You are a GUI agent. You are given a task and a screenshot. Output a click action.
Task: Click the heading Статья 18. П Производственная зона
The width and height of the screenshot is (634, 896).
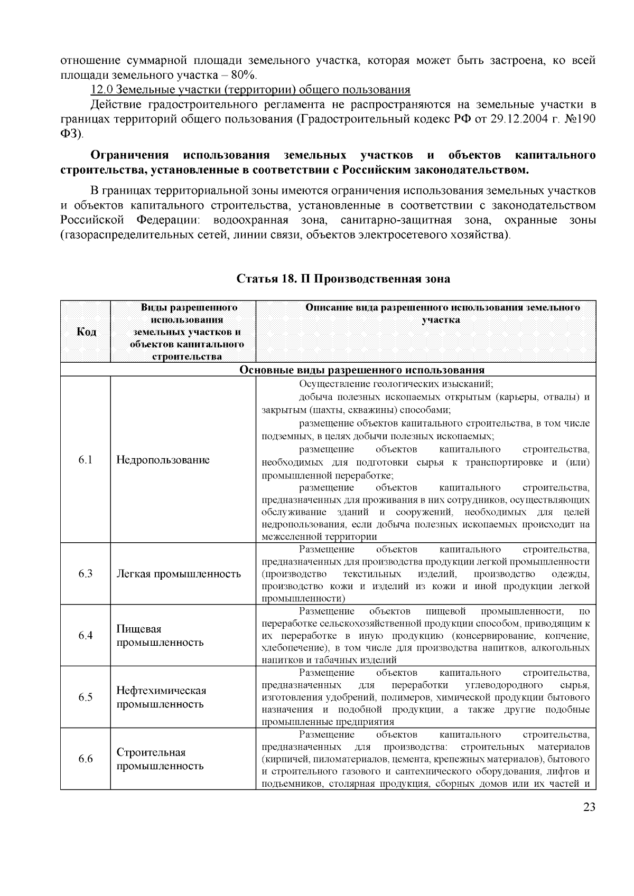343,279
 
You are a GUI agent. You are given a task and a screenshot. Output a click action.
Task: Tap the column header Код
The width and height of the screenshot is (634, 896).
86,332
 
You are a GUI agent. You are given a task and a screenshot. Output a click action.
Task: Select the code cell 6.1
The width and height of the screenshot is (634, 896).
86,460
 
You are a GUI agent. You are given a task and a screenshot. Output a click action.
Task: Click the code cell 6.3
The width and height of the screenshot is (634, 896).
86,574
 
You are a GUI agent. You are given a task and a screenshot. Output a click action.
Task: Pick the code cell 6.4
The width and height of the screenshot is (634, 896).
86,636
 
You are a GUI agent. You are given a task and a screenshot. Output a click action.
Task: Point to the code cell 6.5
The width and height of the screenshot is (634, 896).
86,697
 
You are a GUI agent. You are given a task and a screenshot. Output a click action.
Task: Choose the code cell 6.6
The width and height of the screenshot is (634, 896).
86,759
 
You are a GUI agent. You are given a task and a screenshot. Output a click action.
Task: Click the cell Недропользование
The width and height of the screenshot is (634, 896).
163,460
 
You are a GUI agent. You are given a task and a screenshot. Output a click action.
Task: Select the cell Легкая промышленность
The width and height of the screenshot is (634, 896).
179,574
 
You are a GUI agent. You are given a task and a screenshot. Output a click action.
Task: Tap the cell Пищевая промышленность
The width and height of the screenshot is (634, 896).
160,636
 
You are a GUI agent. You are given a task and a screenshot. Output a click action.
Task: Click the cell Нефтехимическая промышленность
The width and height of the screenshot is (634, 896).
161,697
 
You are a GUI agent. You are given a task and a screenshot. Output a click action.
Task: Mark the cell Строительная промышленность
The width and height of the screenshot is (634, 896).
160,759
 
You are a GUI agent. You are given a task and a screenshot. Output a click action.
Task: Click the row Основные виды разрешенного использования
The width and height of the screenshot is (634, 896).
362,370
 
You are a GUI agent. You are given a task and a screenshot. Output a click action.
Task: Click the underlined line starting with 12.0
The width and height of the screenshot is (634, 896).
250,89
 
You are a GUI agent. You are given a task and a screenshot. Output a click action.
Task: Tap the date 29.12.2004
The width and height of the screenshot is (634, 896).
516,119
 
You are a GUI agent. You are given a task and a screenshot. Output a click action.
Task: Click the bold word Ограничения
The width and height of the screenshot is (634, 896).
129,155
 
